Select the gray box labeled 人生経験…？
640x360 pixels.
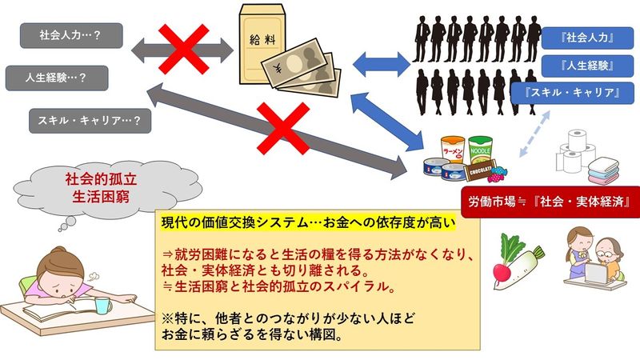pyautogui.click(x=57, y=78)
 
